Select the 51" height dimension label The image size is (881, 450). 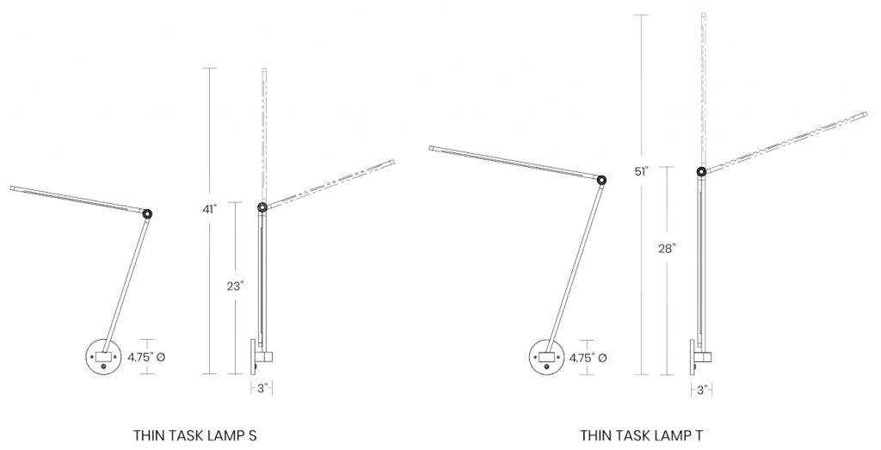click(x=642, y=172)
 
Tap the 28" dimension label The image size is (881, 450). click(x=668, y=248)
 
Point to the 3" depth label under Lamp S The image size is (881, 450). click(x=263, y=388)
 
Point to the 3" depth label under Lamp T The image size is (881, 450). click(x=702, y=390)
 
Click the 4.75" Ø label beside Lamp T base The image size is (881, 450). click(x=589, y=356)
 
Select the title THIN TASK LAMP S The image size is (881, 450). click(x=195, y=435)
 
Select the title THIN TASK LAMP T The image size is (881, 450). click(x=642, y=435)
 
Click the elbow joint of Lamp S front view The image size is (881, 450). click(x=148, y=213)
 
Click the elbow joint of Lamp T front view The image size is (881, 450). click(x=601, y=180)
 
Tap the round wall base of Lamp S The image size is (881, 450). click(x=106, y=357)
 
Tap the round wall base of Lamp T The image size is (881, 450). click(x=547, y=357)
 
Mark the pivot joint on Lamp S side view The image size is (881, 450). click(x=262, y=207)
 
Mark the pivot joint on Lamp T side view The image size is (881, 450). click(x=702, y=172)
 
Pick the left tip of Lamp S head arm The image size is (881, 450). click(x=13, y=188)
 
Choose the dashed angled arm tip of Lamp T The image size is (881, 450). click(x=865, y=113)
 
